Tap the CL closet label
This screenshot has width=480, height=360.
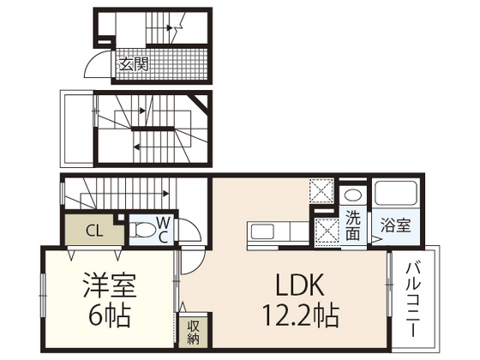pos(95,229)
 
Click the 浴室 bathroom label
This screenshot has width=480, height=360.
pos(396,225)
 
